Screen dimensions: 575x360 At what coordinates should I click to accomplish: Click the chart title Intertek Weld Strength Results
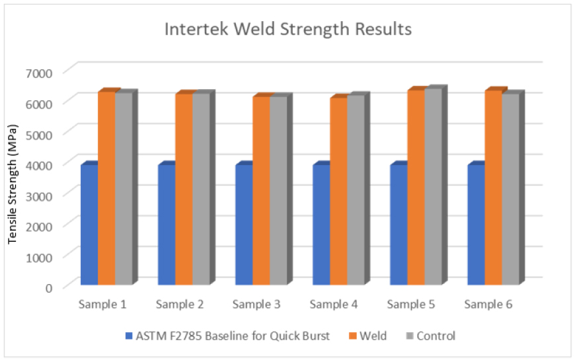288,29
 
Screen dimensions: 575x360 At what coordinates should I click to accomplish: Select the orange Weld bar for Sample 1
106,188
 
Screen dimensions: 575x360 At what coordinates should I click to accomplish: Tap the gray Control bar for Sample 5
434,186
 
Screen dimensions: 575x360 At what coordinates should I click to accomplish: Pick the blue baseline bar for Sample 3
244,225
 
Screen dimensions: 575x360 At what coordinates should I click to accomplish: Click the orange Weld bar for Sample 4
339,192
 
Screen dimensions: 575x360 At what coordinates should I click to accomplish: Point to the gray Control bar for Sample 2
202,189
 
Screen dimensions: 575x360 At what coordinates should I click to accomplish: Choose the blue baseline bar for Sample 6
476,225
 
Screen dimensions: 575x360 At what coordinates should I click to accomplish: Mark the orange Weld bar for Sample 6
494,188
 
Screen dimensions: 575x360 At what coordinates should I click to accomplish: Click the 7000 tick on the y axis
39,73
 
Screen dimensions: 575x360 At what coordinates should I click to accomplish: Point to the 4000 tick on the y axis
39,165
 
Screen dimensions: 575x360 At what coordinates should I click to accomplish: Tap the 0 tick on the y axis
49,288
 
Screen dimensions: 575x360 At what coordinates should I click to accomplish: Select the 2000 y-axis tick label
39,227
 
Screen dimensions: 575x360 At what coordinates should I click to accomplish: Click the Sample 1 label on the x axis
102,305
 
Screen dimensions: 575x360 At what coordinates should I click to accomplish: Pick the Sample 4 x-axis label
334,305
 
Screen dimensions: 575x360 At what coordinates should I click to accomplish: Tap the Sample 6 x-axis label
488,305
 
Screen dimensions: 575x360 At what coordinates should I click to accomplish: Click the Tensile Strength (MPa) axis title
13,184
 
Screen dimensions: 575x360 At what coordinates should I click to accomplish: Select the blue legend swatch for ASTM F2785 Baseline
129,336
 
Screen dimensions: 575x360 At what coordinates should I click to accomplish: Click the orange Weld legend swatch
353,336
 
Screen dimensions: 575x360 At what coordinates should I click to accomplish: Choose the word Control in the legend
436,336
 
